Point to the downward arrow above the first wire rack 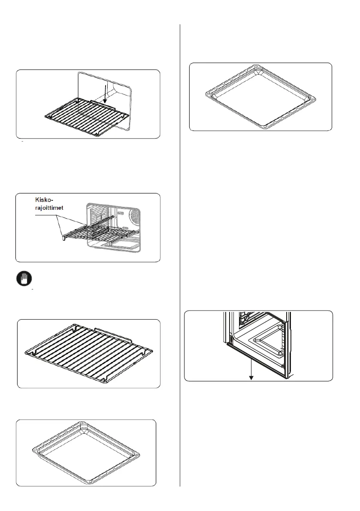(104, 92)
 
